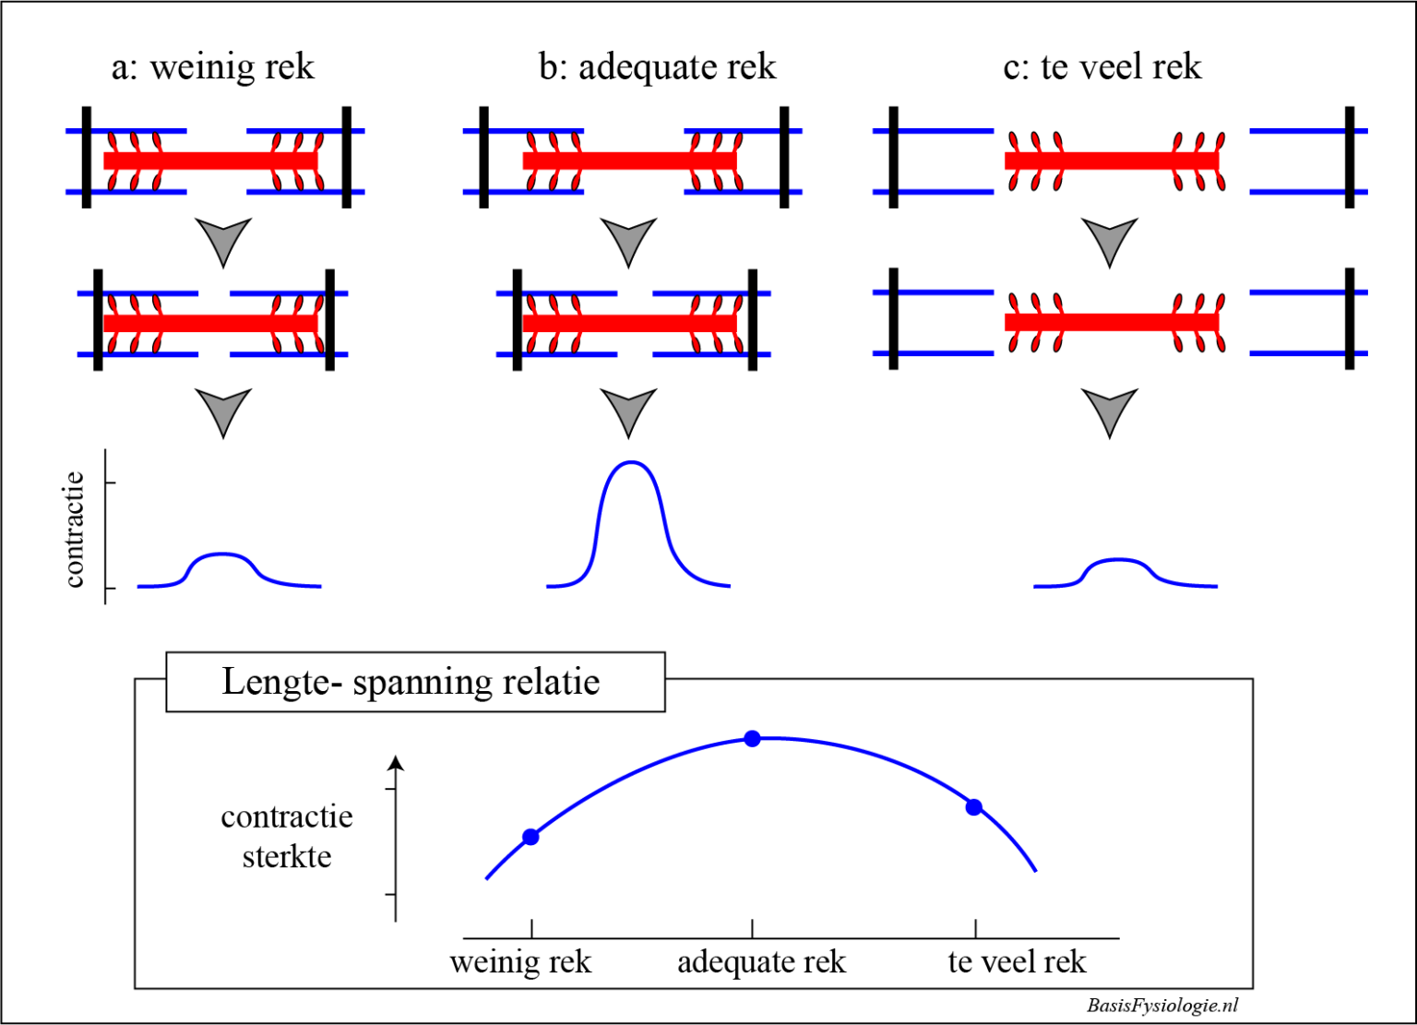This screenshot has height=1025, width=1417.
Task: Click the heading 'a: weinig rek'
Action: click(212, 67)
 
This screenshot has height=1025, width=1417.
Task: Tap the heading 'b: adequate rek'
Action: click(657, 67)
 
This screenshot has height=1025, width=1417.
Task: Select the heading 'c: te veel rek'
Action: click(1102, 67)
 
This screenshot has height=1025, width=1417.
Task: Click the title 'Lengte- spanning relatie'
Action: click(411, 682)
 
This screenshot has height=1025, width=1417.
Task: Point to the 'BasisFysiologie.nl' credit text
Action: click(1162, 1006)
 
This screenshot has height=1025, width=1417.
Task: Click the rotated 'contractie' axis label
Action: click(74, 530)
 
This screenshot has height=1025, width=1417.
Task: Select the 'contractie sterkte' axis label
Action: click(287, 836)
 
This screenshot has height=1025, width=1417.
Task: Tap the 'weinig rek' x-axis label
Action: click(520, 962)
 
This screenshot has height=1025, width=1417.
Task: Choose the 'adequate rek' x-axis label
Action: click(761, 962)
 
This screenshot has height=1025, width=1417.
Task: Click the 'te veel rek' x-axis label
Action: click(1017, 962)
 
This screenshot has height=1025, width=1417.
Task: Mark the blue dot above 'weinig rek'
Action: click(530, 837)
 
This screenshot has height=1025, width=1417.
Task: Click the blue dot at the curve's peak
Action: click(753, 738)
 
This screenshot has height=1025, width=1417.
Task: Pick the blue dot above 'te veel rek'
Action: click(974, 806)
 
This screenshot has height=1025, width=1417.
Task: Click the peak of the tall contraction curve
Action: click(630, 462)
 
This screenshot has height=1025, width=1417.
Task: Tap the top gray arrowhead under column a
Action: click(223, 240)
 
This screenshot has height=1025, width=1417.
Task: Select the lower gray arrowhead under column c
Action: click(1109, 411)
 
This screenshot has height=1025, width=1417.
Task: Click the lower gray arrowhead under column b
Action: click(628, 411)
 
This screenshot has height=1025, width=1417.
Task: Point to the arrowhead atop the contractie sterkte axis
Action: click(396, 762)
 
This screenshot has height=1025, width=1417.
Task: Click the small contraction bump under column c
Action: click(1118, 560)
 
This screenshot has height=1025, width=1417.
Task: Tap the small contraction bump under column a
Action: click(221, 554)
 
